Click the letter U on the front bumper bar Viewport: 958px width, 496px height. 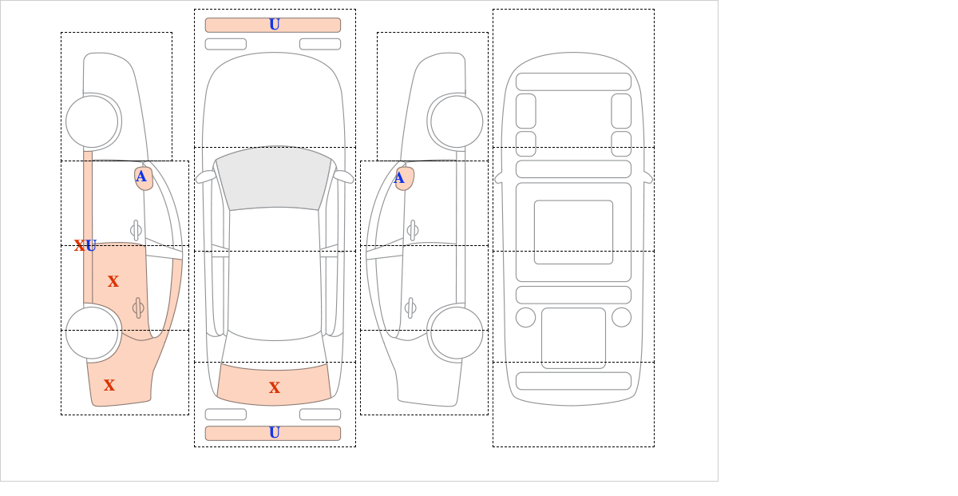[x=275, y=25]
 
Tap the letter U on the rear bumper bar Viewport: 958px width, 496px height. [x=275, y=433]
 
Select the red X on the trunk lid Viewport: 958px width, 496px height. [x=275, y=387]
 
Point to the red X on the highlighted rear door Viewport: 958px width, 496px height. [x=113, y=281]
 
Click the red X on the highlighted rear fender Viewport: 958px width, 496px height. [x=109, y=385]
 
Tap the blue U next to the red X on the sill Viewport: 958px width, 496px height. [x=91, y=246]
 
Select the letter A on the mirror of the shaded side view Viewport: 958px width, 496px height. [x=141, y=177]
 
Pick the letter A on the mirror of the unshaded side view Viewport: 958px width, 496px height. [x=399, y=177]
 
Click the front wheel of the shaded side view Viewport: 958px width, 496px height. [x=92, y=121]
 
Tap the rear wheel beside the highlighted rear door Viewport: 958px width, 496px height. [x=92, y=332]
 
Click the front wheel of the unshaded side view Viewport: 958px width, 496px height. [x=457, y=121]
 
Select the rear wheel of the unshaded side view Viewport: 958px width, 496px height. [x=457, y=332]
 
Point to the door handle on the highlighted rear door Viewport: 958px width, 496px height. [x=137, y=308]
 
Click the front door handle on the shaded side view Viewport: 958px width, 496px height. [x=136, y=231]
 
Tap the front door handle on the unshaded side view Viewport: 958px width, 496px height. [x=413, y=231]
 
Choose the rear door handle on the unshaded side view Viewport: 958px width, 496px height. [x=410, y=308]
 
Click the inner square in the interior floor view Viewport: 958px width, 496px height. [x=573, y=232]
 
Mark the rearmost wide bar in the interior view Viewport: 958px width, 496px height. [x=573, y=381]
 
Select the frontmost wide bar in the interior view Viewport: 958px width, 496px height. [x=573, y=81]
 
